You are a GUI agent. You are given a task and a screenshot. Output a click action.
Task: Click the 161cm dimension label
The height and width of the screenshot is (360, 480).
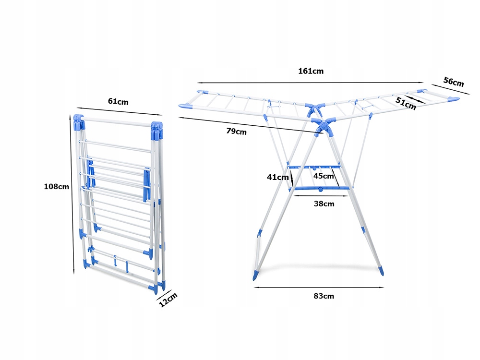[x=311, y=71]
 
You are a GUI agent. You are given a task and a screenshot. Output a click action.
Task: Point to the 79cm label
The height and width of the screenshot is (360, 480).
[x=237, y=132]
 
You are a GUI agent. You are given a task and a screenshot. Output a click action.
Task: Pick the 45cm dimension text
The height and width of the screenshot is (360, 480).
[x=324, y=176]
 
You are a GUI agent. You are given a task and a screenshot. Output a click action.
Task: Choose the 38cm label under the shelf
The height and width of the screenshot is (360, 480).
[x=324, y=204]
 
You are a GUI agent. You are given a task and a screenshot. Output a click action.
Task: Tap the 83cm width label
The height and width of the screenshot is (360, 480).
[x=324, y=296]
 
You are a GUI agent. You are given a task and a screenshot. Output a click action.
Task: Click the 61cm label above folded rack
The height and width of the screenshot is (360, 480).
[x=118, y=101]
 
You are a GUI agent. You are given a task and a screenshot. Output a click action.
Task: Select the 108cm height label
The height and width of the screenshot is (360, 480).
[x=57, y=186]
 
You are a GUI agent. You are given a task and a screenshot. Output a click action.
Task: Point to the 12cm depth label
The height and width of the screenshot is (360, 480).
[x=168, y=300]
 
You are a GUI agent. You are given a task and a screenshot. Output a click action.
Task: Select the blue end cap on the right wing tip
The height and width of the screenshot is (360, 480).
[x=453, y=99]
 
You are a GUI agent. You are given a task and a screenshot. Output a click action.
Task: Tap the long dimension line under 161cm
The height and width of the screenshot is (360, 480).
[x=311, y=82]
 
